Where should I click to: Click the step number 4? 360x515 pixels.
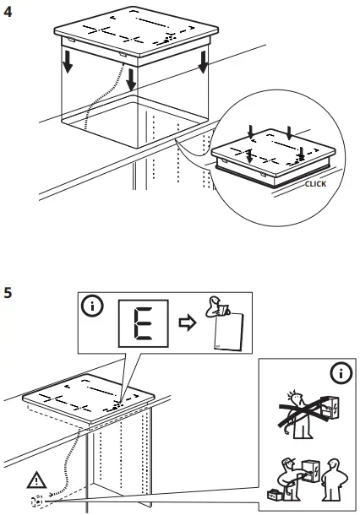8,12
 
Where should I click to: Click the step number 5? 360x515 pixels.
8,293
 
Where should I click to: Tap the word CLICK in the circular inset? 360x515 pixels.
315,184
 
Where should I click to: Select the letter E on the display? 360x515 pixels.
144,323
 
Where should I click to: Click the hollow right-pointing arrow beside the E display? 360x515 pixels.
188,323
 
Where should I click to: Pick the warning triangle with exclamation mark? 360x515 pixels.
36,480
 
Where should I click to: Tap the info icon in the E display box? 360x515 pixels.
92,306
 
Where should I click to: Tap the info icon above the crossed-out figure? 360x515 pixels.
341,373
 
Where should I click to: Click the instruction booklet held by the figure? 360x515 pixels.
229,332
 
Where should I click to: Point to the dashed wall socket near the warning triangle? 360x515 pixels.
37,501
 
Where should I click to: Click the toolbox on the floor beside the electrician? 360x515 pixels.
275,495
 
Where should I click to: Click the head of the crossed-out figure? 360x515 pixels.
296,398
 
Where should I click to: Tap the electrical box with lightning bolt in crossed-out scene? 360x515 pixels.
330,408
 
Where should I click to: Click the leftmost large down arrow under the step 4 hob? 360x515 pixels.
68,62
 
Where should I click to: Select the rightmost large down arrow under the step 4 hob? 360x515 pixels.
203,62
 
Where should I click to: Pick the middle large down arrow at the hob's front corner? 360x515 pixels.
131,79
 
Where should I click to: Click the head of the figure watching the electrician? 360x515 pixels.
334,465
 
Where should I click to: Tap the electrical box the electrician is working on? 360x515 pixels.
310,471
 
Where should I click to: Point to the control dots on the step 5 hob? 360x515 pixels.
114,407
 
